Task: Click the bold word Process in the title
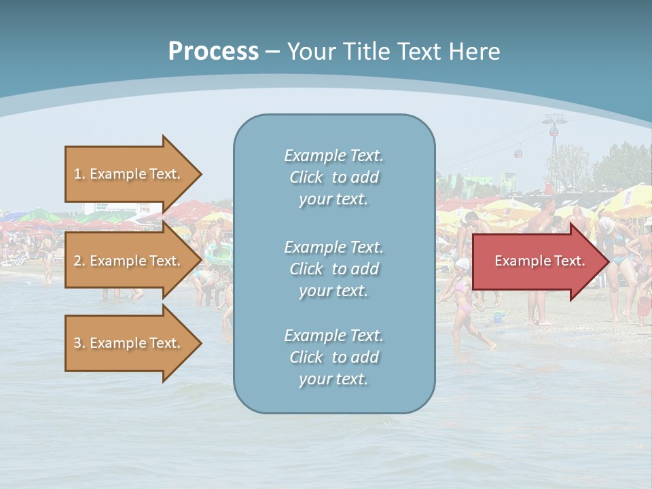click(213, 52)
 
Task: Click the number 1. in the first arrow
click(79, 174)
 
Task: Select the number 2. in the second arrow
click(79, 261)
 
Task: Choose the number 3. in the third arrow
click(79, 343)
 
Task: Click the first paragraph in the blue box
click(333, 177)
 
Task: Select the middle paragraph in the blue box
click(333, 269)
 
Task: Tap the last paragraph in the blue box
click(333, 357)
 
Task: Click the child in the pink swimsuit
click(463, 299)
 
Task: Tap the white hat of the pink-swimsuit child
click(463, 263)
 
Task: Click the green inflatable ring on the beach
click(219, 254)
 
